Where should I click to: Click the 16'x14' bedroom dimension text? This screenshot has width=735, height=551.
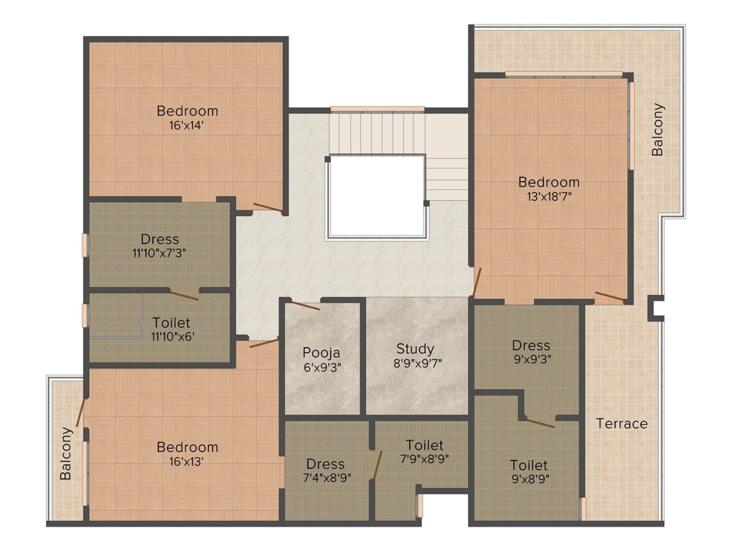[x=187, y=125]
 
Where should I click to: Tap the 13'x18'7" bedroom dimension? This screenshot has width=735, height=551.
[x=549, y=195]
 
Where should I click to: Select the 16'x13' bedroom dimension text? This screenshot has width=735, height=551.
[x=187, y=461]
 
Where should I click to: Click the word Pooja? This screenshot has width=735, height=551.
[x=320, y=352]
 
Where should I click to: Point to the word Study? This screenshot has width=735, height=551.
[x=415, y=349]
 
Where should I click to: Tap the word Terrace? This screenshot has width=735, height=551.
[x=622, y=423]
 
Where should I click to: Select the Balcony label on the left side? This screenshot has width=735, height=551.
[x=66, y=453]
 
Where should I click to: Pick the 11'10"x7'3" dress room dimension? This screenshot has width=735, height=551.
[x=159, y=253]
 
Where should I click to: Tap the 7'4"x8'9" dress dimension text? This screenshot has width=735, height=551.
[x=325, y=478]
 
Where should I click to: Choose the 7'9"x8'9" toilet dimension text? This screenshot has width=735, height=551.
[x=424, y=459]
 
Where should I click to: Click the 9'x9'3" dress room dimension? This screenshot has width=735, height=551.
[x=531, y=359]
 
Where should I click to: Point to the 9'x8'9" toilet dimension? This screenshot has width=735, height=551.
[x=529, y=478]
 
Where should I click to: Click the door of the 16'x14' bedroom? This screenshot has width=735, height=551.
[x=268, y=207]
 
